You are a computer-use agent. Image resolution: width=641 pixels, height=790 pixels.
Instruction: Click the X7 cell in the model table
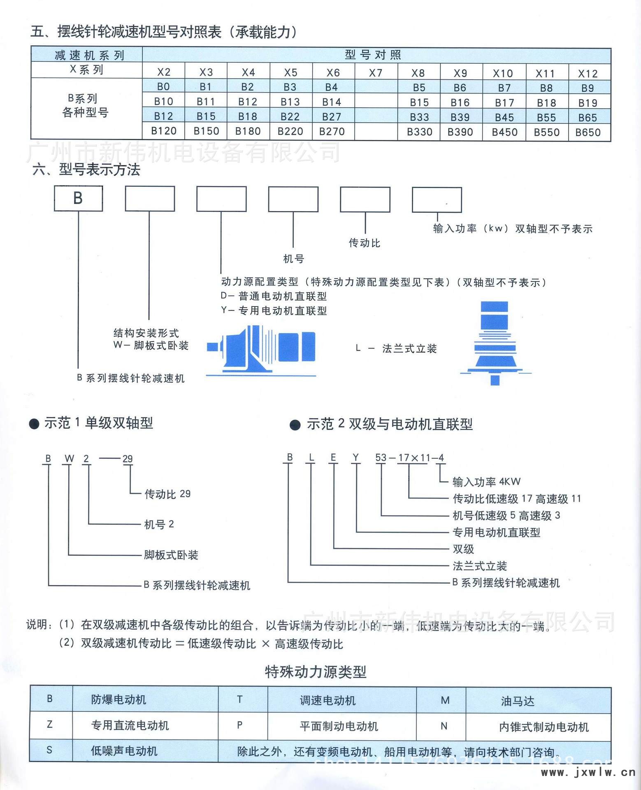coord(376,73)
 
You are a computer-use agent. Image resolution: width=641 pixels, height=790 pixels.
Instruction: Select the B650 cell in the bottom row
coord(588,132)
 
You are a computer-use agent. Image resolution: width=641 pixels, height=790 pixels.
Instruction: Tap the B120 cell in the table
coord(164,131)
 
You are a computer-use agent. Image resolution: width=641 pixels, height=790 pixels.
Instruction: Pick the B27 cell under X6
coord(332,117)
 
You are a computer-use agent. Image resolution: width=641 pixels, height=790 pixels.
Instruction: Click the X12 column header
coord(588,74)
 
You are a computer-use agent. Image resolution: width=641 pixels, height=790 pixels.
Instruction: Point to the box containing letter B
coord(78,198)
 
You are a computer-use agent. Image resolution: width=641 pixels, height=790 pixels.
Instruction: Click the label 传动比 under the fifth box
coord(365,243)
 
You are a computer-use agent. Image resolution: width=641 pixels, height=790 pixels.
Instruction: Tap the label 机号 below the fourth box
coord(294,259)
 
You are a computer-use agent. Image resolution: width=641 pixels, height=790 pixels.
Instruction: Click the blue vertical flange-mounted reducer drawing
coord(495,343)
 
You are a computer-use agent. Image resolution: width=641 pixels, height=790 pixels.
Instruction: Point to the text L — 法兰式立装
coord(396,349)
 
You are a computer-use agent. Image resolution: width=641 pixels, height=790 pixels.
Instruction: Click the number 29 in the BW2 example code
coord(128,459)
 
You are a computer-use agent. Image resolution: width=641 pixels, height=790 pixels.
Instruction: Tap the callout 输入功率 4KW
coord(486,481)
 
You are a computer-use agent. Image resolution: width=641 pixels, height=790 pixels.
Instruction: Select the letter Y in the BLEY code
coord(356,458)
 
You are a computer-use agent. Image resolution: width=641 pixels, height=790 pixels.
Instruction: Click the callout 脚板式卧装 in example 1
coord(171,555)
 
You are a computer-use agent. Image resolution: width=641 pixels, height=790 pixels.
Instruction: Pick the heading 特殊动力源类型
coord(316,672)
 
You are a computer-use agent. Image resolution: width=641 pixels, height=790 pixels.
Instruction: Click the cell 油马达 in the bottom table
coord(518,701)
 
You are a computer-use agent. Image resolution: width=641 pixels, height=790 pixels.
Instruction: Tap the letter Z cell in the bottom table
coord(50,724)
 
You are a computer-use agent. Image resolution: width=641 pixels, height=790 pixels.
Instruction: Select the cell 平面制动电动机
coord(339,726)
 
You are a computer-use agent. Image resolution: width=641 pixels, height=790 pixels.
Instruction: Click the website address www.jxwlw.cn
coord(588,772)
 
